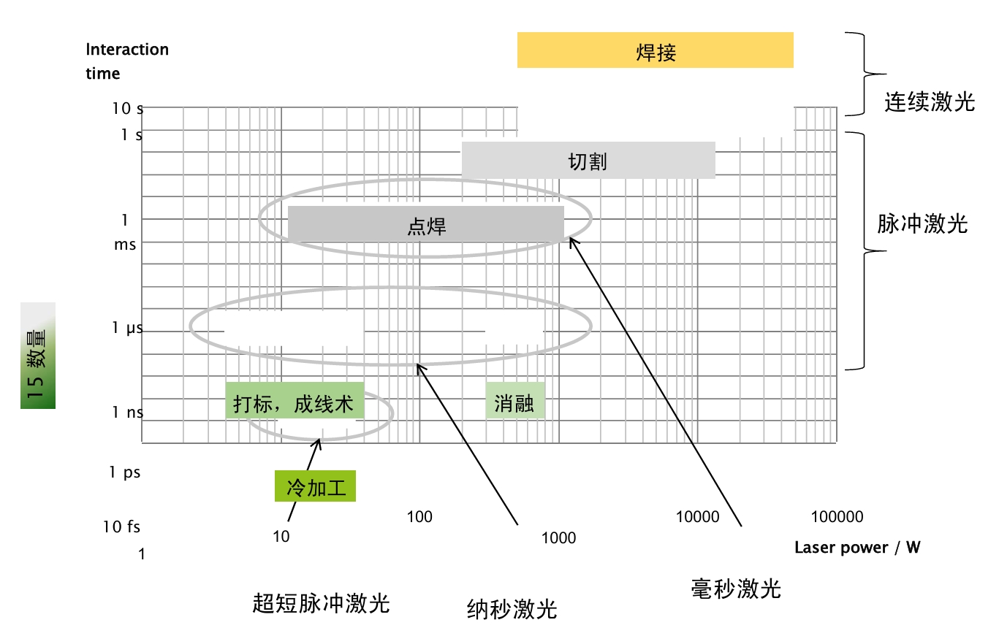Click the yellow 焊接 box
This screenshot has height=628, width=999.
pyautogui.click(x=655, y=50)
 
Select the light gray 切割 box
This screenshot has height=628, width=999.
pyautogui.click(x=588, y=160)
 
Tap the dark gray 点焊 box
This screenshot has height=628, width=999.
pyautogui.click(x=426, y=224)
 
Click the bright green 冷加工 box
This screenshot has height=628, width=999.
pyautogui.click(x=315, y=486)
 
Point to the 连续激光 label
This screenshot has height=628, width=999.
pyautogui.click(x=930, y=102)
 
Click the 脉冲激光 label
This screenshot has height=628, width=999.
pyautogui.click(x=922, y=223)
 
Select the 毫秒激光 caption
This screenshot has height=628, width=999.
pyautogui.click(x=736, y=588)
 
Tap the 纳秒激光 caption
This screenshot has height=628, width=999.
pyautogui.click(x=512, y=608)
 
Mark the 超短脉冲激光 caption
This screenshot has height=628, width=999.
pyautogui.click(x=321, y=603)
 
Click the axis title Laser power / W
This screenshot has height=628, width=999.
pyautogui.click(x=857, y=548)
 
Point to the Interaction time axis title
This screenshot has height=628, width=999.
pyautogui.click(x=126, y=61)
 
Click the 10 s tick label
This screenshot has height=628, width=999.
pyautogui.click(x=128, y=109)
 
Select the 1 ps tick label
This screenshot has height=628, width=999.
pyautogui.click(x=124, y=472)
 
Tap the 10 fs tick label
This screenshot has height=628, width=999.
pyautogui.click(x=121, y=526)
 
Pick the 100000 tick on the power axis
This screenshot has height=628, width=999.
pyautogui.click(x=837, y=517)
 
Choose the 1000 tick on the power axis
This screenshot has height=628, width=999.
pyautogui.click(x=558, y=538)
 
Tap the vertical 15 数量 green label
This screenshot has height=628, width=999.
pyautogui.click(x=38, y=356)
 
